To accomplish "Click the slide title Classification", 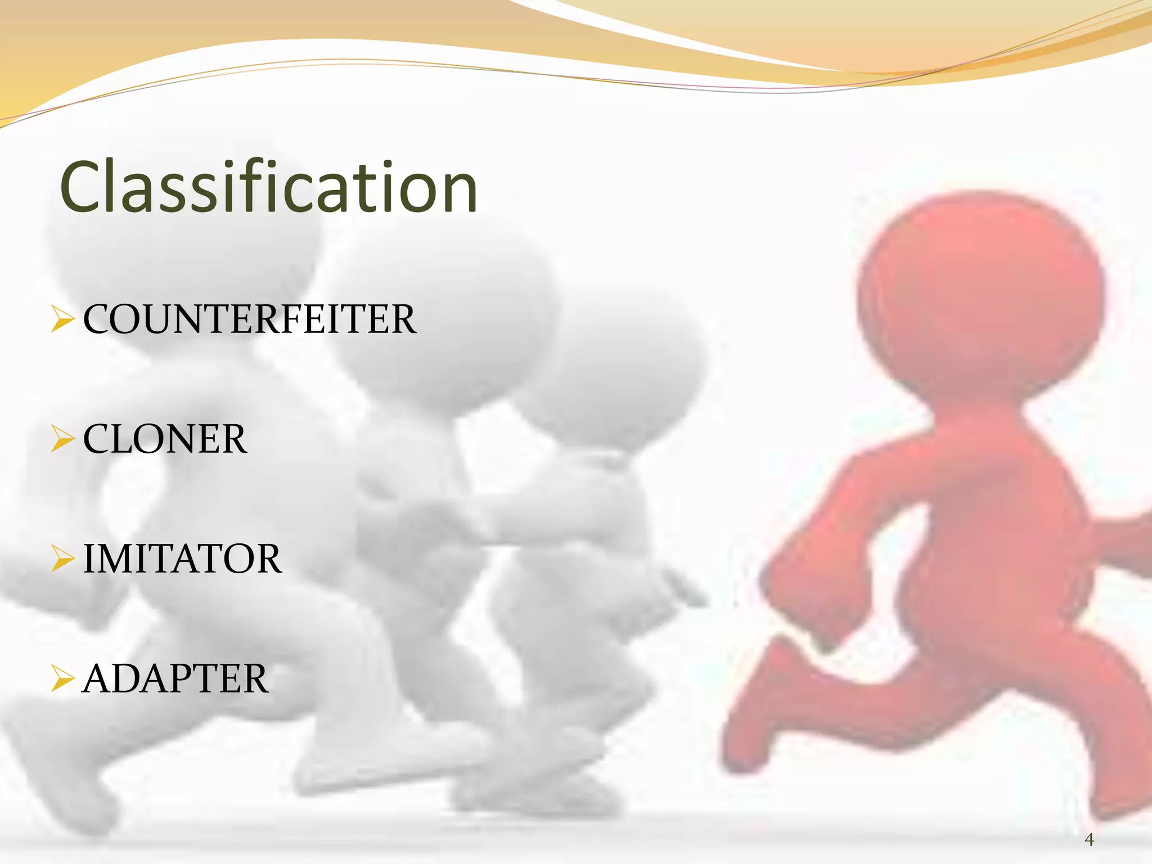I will point(269,187).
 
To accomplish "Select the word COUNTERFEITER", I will point(250,319).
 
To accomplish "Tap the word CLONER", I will point(165,439).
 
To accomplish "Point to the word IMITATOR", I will point(182,559).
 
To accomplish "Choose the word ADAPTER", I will point(175,679).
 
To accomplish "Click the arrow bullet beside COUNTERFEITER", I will point(62,319).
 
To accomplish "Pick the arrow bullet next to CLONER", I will point(62,439).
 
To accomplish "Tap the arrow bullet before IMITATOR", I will point(62,559).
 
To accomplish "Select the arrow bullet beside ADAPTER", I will point(62,678).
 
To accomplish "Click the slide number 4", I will point(1089,840).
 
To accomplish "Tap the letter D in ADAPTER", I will point(134,679).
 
